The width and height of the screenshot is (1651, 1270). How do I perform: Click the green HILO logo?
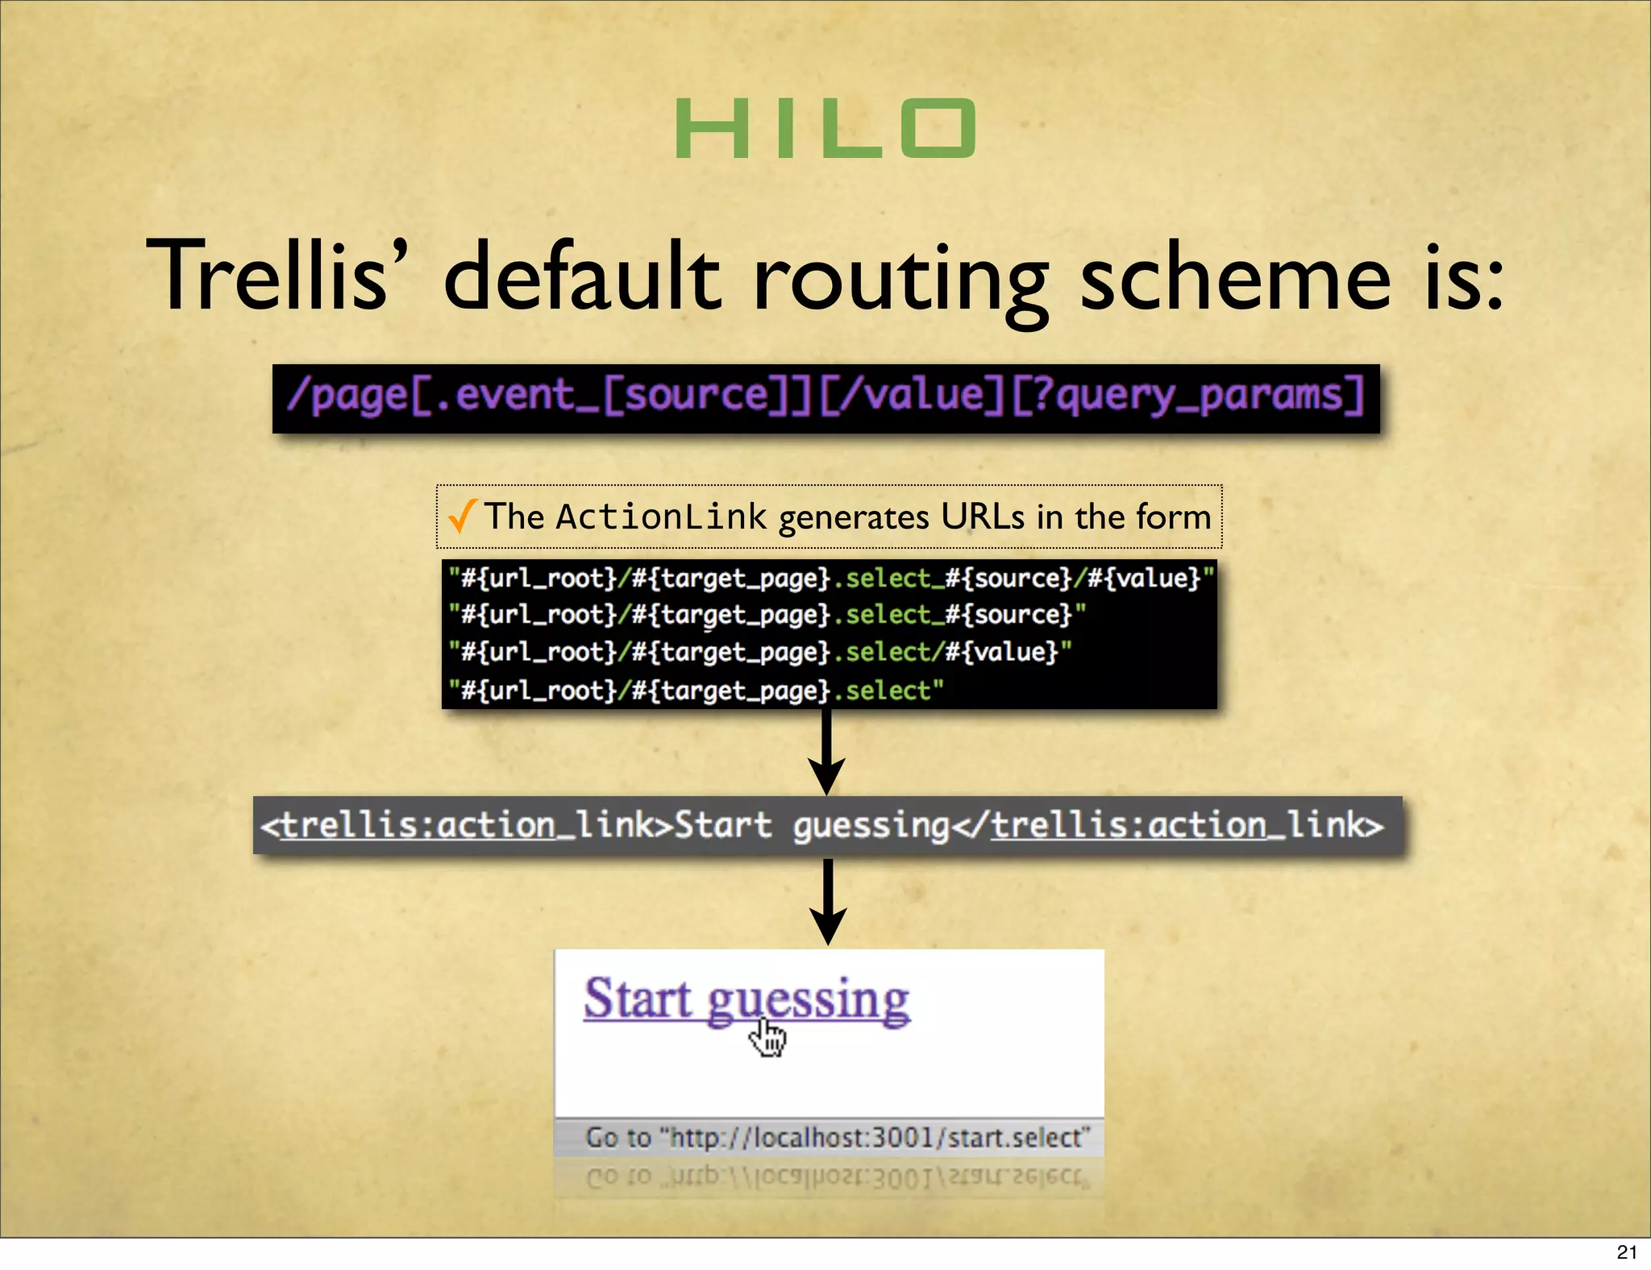825,128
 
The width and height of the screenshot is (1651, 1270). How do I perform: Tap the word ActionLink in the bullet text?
660,517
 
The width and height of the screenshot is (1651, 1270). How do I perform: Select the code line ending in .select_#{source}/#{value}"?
830,578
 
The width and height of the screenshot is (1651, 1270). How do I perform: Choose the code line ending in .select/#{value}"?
760,651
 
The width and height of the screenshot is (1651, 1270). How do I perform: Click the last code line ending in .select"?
696,690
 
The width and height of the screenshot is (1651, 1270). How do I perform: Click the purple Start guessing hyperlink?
746,999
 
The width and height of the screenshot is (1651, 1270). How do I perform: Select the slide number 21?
1626,1251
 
